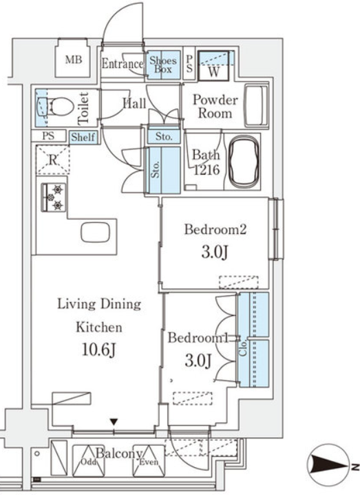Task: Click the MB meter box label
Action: pos(74,60)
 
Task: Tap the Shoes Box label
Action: pos(163,65)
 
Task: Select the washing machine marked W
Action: pos(213,66)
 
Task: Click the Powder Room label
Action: pos(215,106)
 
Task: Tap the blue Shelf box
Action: pos(83,138)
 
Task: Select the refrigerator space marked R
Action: pos(52,160)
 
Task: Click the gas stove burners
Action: pos(54,197)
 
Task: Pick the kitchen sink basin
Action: pos(95,233)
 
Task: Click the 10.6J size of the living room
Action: pos(98,350)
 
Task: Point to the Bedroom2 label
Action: pos(215,230)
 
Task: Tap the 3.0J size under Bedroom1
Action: pos(198,361)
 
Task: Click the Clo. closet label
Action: pos(243,347)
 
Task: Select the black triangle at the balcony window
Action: pos(114,422)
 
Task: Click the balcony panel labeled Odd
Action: pos(89,460)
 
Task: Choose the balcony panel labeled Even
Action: pos(149,460)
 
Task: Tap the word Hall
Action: pos(134,103)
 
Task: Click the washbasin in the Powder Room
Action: pos(256,106)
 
